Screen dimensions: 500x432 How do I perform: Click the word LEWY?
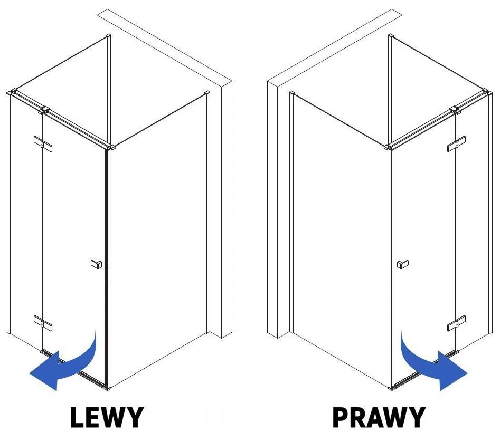click(107, 417)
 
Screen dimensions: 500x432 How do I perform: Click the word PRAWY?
click(379, 417)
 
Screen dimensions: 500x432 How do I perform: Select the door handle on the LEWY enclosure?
click(96, 264)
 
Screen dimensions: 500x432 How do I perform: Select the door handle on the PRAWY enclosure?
click(403, 264)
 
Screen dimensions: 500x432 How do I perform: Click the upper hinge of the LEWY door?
click(43, 143)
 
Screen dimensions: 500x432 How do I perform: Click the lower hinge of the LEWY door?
click(43, 323)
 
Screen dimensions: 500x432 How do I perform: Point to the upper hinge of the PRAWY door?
click(456, 143)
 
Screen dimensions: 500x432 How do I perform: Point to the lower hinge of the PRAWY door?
click(456, 323)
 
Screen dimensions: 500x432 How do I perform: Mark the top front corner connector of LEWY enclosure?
click(111, 148)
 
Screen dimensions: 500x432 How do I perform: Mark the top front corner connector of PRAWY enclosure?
click(388, 148)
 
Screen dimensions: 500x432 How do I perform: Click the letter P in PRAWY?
click(341, 417)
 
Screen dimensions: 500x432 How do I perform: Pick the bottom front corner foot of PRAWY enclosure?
click(392, 388)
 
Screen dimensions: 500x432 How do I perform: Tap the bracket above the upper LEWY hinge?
click(44, 110)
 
